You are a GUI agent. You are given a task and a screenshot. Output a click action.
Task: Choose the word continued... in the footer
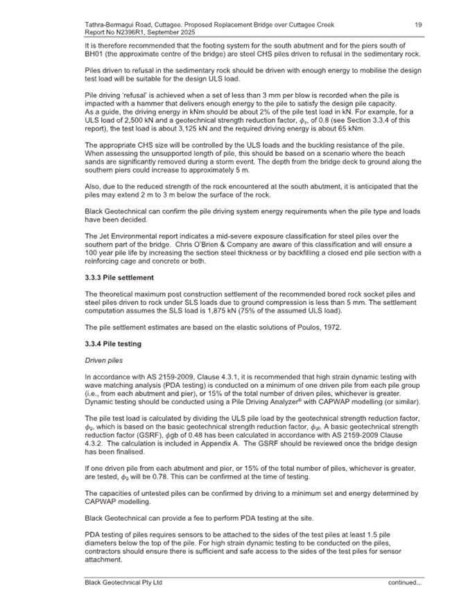(404, 582)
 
